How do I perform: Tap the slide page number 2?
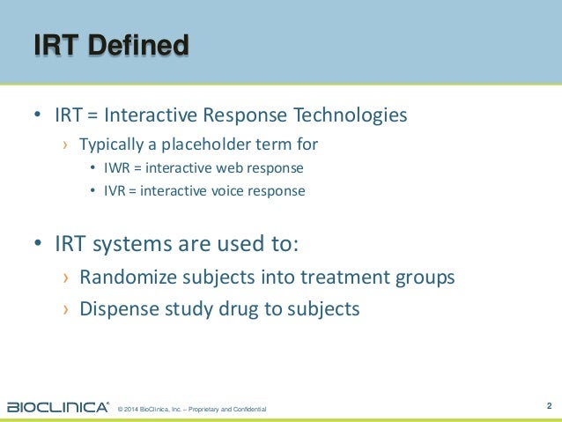pyautogui.click(x=549, y=406)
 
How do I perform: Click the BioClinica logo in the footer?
pyautogui.click(x=58, y=407)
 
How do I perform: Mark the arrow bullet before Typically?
pyautogui.click(x=63, y=144)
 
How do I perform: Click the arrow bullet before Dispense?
pyautogui.click(x=64, y=310)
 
